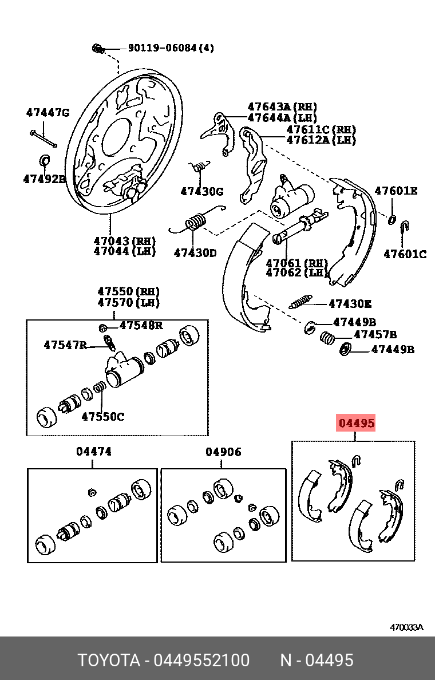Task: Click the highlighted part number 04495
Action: click(356, 424)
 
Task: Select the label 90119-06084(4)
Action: click(171, 48)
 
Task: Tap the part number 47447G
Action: click(48, 113)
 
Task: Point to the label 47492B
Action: click(45, 179)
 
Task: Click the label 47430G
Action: click(202, 192)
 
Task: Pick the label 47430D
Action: click(195, 252)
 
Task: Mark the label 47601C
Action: click(405, 254)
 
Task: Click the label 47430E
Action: click(350, 304)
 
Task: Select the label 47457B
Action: click(375, 334)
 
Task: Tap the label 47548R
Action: click(141, 326)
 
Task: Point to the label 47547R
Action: click(65, 345)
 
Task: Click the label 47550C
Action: click(102, 417)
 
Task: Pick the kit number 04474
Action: click(94, 452)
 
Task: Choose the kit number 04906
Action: click(223, 452)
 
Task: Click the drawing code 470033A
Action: click(406, 627)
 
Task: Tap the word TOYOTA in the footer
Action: click(109, 661)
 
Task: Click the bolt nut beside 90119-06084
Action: click(97, 49)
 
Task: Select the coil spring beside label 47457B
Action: click(327, 338)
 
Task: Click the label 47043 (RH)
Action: click(125, 241)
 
